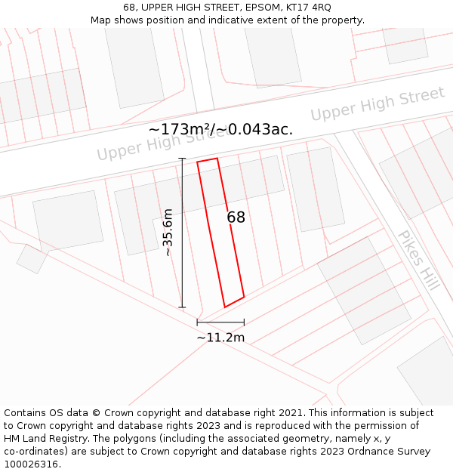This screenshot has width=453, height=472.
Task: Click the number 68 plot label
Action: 236,217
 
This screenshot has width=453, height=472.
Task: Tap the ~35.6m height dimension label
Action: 168,233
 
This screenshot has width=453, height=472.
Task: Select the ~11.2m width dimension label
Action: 220,338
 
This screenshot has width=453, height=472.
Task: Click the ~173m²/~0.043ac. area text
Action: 220,130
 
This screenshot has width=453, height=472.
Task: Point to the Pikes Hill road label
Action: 418,260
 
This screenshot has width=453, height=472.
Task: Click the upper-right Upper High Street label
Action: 377,105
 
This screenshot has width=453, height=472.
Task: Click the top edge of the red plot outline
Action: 208,160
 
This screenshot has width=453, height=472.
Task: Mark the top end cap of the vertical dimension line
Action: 182,158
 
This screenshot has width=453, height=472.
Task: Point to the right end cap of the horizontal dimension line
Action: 244,322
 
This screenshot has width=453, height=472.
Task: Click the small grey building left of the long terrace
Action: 67,221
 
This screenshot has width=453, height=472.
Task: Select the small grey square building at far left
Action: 32,258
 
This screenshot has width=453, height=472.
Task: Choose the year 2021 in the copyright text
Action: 291,413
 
